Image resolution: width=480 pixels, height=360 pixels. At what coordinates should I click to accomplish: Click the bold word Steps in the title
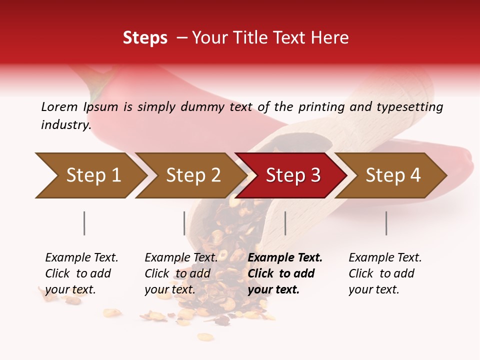[145, 38]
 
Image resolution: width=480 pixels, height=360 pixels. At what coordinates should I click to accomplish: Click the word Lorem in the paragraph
[59, 106]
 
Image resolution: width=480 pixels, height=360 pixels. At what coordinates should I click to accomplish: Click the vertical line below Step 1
[84, 223]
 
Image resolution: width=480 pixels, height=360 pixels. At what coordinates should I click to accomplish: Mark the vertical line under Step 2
[184, 223]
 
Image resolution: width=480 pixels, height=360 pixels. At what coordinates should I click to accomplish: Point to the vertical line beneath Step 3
[285, 223]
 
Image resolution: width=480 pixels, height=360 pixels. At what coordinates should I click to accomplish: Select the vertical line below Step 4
[386, 223]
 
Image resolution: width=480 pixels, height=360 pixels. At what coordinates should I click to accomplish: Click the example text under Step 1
[81, 273]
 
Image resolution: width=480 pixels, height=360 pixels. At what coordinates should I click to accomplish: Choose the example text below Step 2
[181, 273]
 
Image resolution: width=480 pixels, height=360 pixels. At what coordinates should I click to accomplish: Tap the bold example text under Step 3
[285, 273]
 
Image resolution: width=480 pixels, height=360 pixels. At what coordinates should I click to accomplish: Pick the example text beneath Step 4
[385, 273]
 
